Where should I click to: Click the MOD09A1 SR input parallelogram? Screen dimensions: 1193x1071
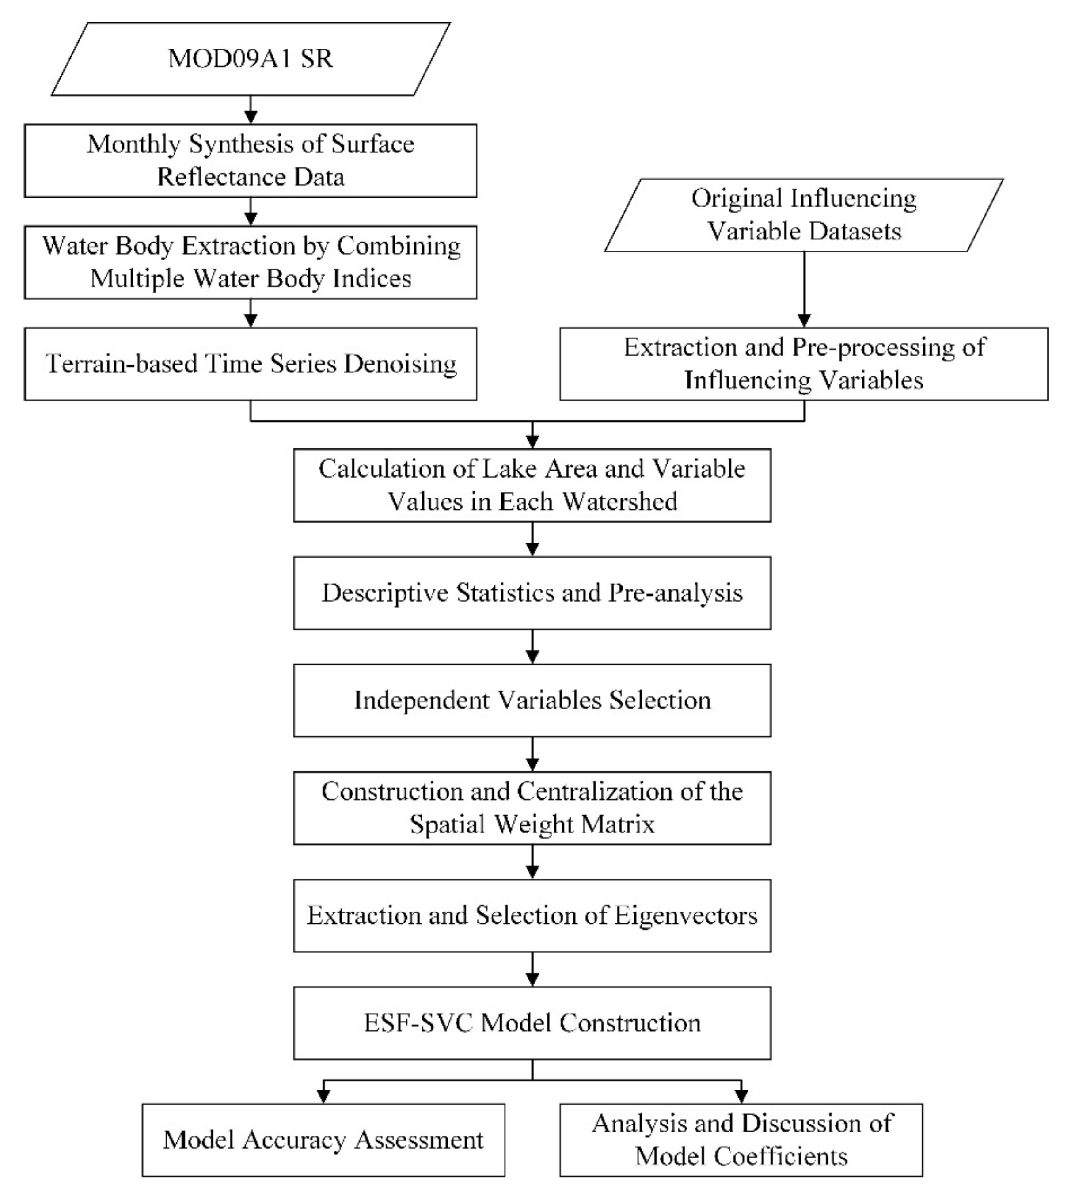251,59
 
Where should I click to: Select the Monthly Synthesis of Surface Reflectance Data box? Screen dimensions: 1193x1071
251,160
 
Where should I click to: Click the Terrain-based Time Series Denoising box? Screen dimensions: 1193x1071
251,364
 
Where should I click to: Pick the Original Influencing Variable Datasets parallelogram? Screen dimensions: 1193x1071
804,215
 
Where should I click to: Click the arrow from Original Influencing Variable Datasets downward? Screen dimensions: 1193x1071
804,289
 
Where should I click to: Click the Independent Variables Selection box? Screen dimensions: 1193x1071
532,700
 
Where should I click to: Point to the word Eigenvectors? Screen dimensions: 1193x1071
686,915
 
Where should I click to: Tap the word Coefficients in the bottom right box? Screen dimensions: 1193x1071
782,1156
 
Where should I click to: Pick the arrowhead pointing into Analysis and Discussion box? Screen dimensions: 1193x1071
741,1096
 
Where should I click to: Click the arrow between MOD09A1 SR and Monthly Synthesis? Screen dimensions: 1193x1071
251,110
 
